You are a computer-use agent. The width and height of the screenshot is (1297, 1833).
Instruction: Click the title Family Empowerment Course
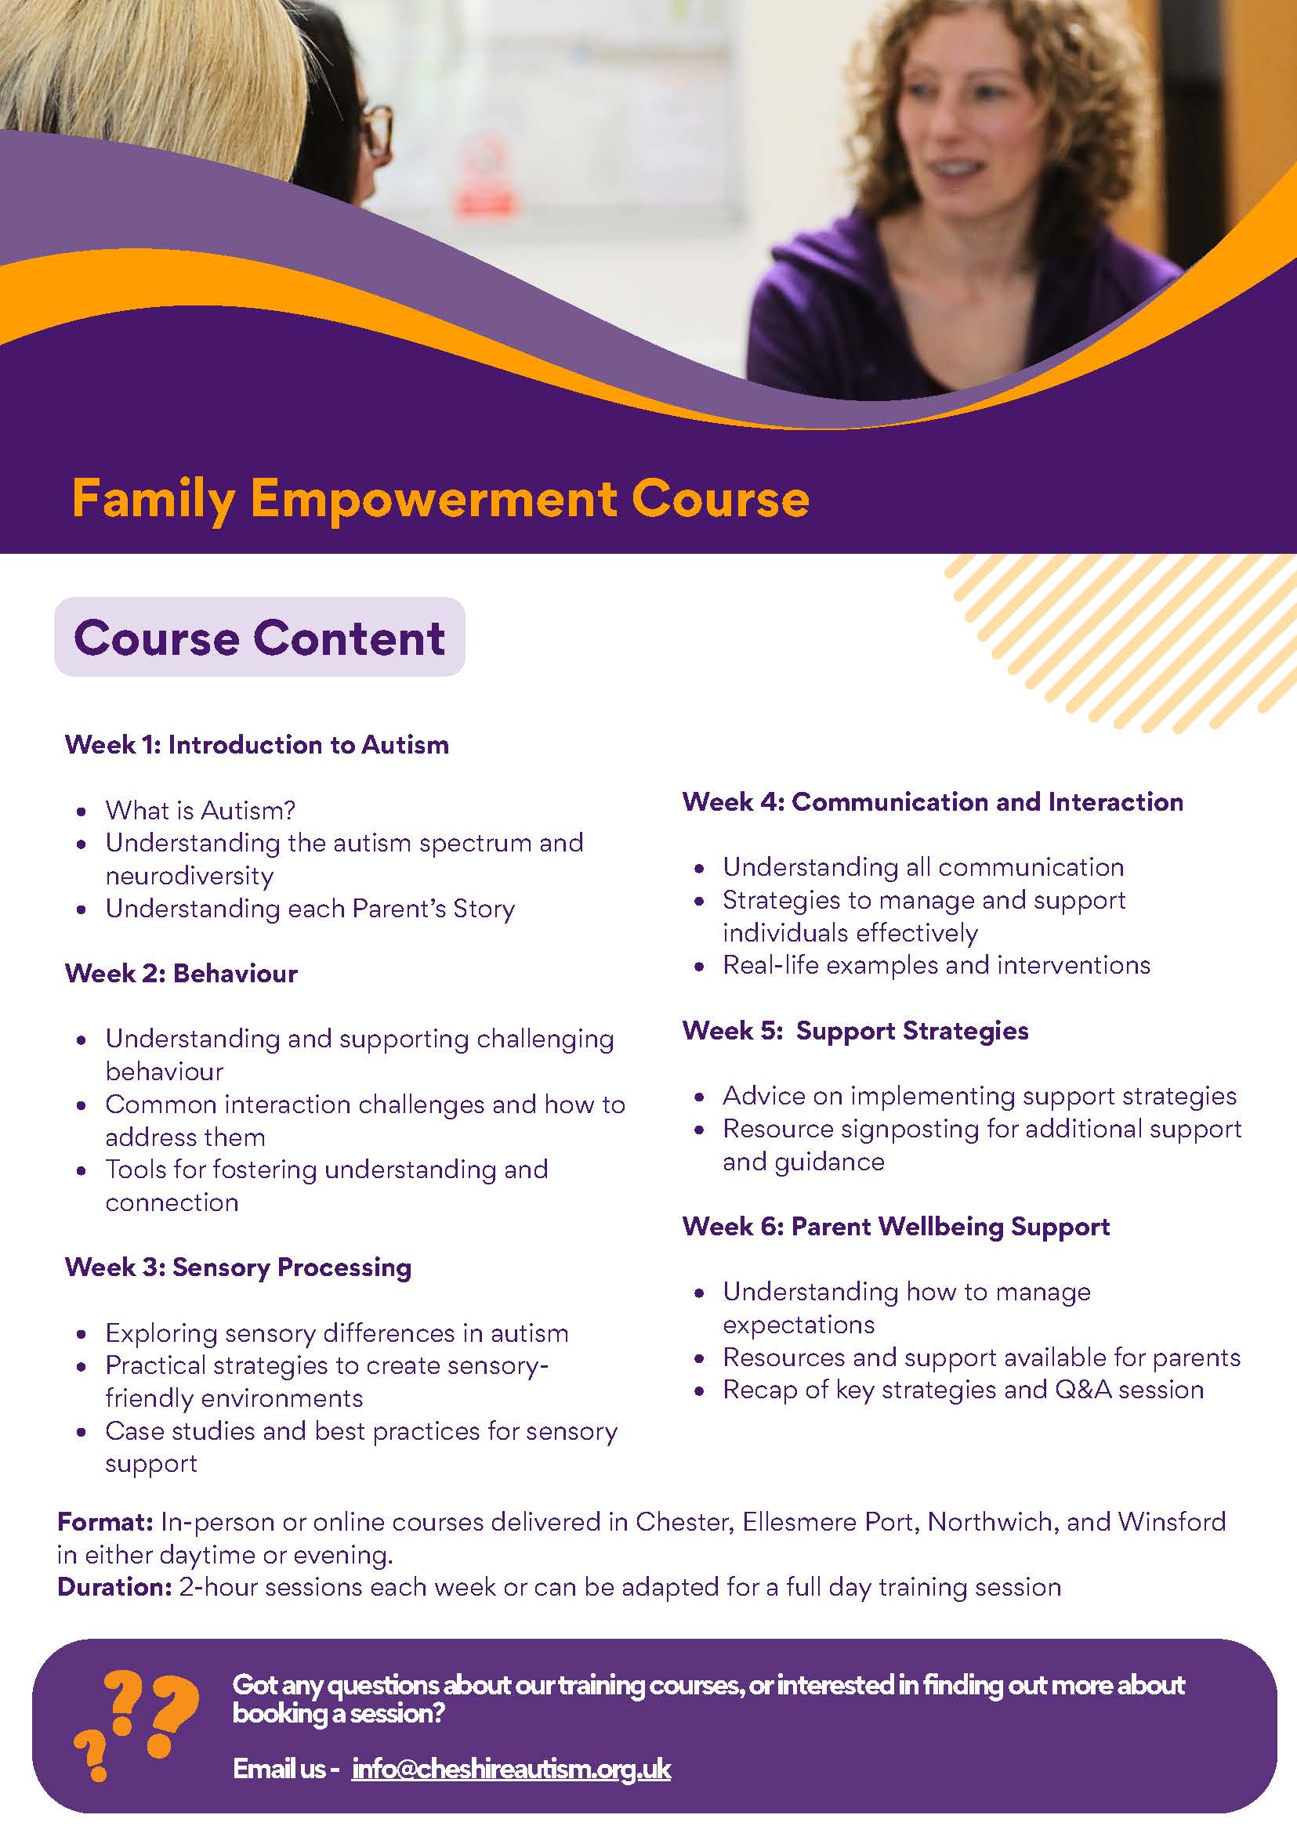[440, 500]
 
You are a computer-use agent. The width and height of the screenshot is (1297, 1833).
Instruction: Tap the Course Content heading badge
[259, 637]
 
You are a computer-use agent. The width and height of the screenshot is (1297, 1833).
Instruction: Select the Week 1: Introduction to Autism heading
[257, 745]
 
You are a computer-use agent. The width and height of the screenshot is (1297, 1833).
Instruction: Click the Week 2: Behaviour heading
[181, 973]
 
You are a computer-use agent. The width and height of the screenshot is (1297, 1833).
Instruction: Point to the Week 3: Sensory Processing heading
[238, 1267]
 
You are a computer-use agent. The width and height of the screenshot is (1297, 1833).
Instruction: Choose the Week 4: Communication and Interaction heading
[933, 801]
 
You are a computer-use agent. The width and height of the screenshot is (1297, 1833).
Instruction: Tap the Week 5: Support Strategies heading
[855, 1031]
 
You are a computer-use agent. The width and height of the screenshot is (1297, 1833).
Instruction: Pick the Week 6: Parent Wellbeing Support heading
[896, 1226]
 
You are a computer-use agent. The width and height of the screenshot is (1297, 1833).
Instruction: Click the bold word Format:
[105, 1522]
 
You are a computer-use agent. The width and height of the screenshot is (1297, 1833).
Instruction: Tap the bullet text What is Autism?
[201, 810]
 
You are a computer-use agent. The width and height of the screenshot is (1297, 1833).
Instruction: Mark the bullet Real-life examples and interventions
[937, 965]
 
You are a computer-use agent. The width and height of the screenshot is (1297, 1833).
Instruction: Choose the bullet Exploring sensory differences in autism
[337, 1333]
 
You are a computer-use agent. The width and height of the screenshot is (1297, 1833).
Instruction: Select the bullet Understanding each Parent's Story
[310, 909]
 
